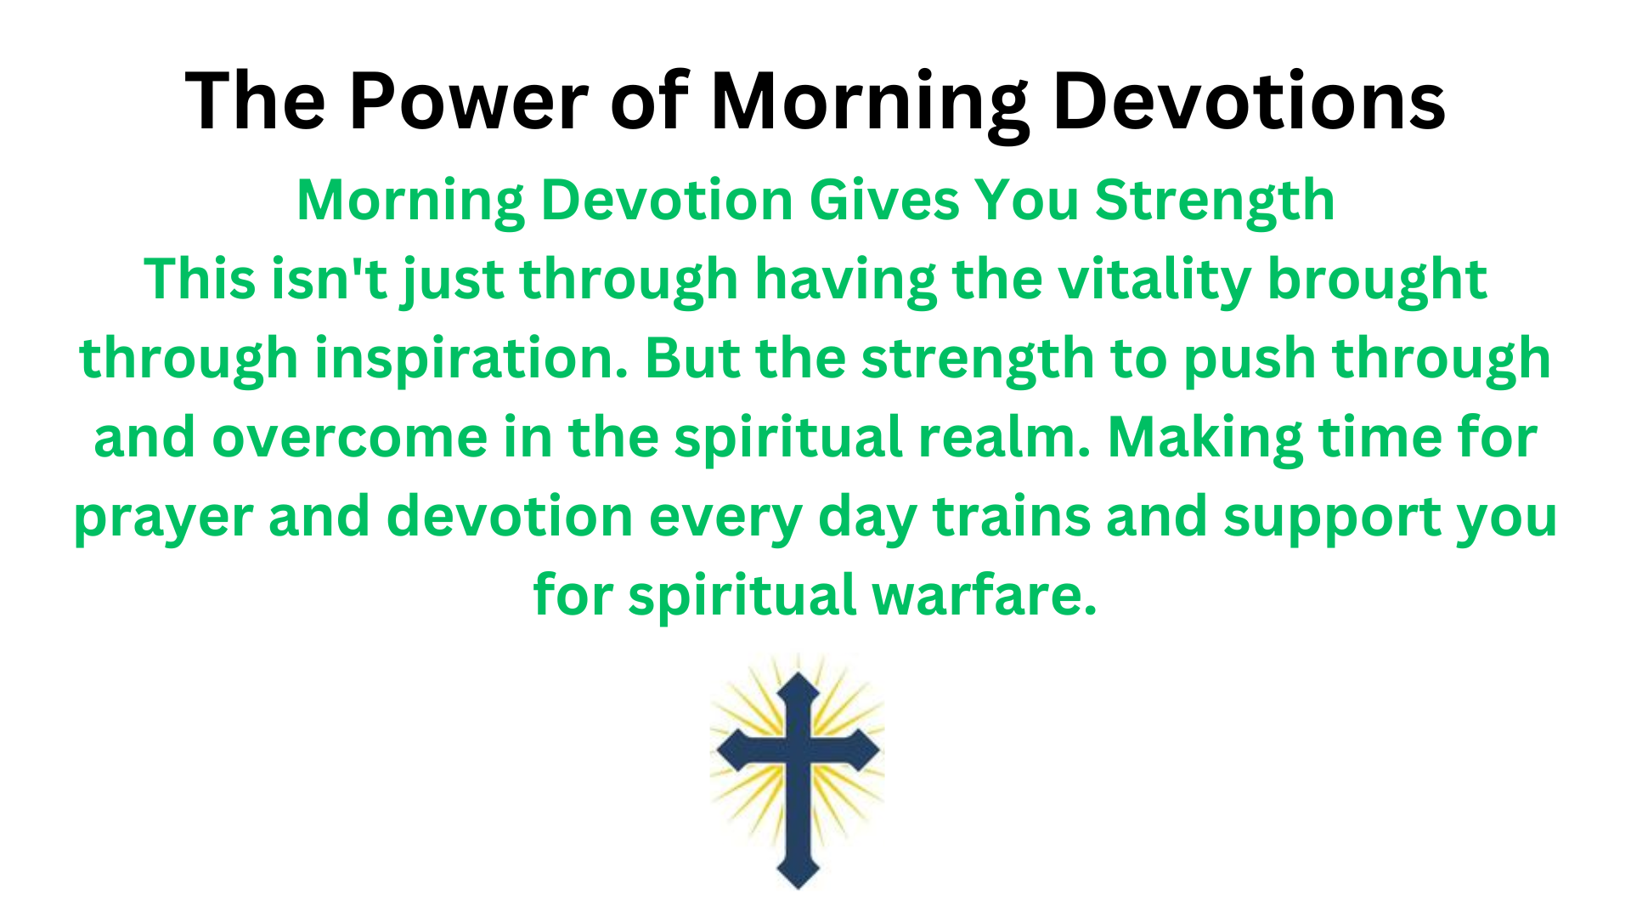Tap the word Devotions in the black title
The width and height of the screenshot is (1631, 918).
1249,101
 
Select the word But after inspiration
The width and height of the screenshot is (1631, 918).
692,358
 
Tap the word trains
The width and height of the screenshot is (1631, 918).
1012,517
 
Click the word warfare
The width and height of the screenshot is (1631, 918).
985,595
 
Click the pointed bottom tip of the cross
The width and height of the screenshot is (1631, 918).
799,889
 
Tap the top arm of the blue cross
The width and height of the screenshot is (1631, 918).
798,705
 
